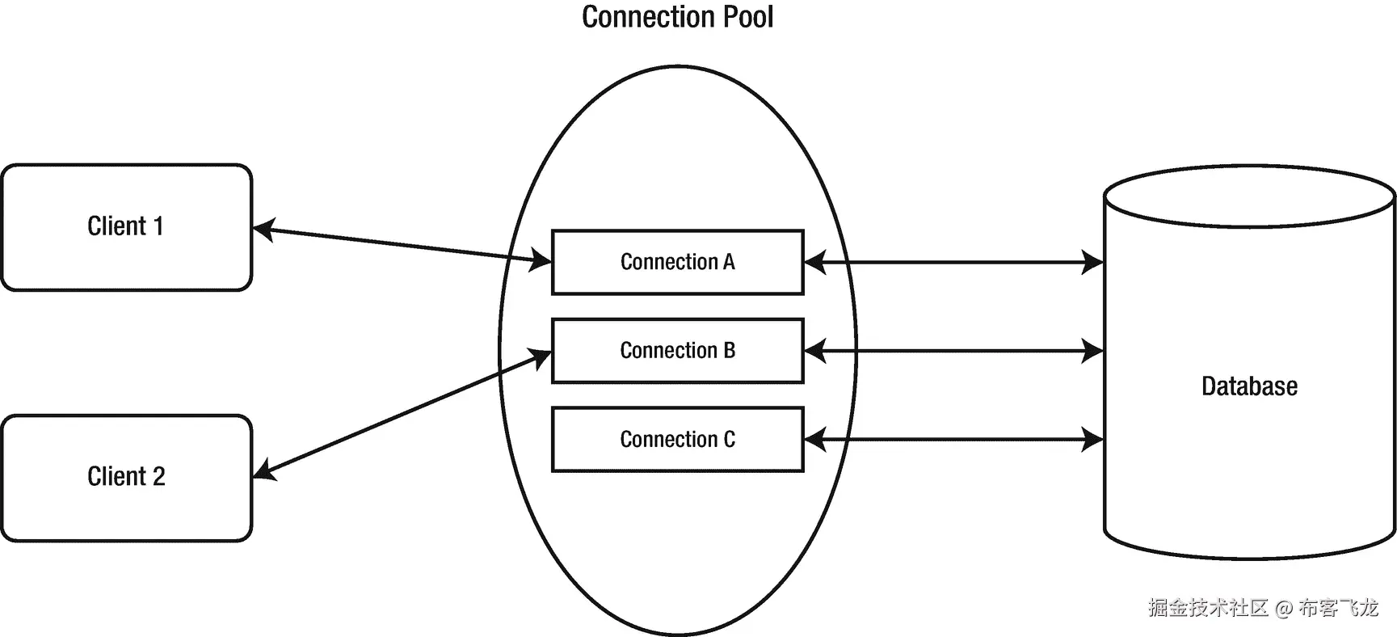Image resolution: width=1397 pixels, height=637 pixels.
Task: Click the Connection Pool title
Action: (x=677, y=18)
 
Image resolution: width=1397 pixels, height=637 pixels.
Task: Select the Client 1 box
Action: (x=126, y=227)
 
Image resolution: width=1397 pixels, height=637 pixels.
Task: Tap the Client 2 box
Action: (x=126, y=477)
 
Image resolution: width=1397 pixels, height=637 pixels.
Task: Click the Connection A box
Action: (x=677, y=262)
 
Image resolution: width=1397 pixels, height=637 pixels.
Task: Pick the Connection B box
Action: (x=677, y=350)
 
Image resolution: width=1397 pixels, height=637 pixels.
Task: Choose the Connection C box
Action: (x=677, y=439)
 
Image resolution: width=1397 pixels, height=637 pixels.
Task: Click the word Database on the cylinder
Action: (x=1248, y=386)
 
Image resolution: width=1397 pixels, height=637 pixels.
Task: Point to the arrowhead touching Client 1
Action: (x=263, y=230)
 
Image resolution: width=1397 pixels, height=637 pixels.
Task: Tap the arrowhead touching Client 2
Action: (x=264, y=470)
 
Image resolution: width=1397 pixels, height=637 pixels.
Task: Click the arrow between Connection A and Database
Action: (x=953, y=262)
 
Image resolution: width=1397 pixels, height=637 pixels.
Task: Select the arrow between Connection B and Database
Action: (x=953, y=351)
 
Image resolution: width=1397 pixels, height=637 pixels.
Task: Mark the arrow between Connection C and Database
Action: (x=953, y=440)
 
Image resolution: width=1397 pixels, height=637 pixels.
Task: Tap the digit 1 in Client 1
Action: (x=158, y=226)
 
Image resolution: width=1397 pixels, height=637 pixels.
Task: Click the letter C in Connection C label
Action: (x=729, y=439)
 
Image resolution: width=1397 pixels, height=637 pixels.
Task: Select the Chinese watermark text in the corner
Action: (x=1263, y=607)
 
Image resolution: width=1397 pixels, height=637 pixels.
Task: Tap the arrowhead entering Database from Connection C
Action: (x=1093, y=440)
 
